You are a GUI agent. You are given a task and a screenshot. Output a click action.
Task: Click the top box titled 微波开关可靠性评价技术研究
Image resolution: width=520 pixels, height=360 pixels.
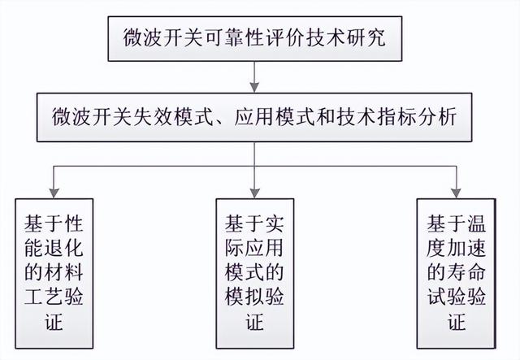(255, 39)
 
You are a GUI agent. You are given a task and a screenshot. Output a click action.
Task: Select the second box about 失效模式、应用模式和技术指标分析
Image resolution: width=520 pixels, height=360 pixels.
(254, 118)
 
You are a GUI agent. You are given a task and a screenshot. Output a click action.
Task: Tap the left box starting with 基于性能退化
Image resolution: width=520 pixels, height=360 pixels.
(54, 273)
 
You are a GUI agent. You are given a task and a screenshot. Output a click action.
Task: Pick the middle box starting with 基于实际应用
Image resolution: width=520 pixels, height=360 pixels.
(255, 273)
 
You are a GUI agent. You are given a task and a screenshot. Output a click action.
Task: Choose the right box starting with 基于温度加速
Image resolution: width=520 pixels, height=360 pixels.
(457, 273)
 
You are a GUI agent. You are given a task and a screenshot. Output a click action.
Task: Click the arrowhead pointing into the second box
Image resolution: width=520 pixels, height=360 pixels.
(254, 87)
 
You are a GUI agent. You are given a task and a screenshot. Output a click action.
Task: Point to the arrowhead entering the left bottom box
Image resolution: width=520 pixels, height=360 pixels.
(54, 193)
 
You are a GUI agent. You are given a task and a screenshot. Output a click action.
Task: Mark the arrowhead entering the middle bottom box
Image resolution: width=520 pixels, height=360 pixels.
(254, 193)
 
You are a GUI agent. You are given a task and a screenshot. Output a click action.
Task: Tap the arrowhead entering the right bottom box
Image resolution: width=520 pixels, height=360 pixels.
(457, 193)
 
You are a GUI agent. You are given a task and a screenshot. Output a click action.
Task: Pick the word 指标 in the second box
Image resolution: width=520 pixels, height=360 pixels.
(396, 117)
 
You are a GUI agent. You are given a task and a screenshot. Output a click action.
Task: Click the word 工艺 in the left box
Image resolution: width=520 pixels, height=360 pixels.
(44, 297)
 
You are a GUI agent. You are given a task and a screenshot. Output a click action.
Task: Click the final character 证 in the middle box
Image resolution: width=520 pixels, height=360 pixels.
(254, 321)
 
